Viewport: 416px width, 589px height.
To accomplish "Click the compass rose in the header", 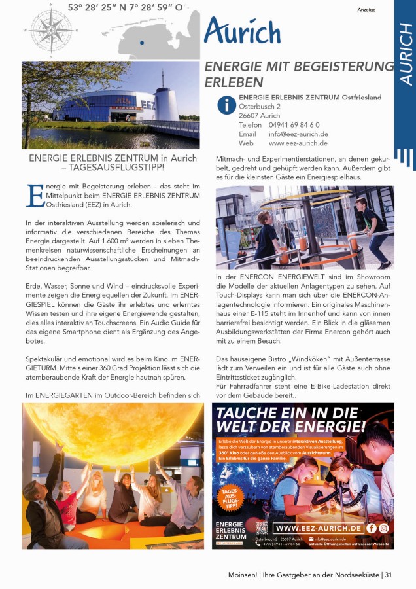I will coord(50,29).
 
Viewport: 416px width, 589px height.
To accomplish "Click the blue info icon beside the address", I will coord(226,105).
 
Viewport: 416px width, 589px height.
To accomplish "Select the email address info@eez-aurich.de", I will coord(298,134).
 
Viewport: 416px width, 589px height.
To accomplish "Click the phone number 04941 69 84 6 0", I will coord(294,124).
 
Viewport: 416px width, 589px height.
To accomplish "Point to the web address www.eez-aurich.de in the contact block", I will coord(298,143).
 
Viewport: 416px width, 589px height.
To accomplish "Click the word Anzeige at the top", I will coord(366,10).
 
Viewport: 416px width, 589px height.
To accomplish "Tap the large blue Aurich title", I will coord(242,31).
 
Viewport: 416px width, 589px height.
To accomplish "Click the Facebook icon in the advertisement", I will coord(372,527).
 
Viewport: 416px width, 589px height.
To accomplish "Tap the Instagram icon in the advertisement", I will coord(384,527).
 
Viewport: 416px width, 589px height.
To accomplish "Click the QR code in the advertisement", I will coord(262,529).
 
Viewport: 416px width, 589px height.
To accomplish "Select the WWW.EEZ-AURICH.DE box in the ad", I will coord(318,528).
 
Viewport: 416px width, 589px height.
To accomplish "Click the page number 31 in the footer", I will coord(388,575).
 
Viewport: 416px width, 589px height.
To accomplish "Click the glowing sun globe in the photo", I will coord(111,432).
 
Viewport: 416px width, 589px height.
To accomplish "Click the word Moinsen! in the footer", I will coord(234,575).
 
